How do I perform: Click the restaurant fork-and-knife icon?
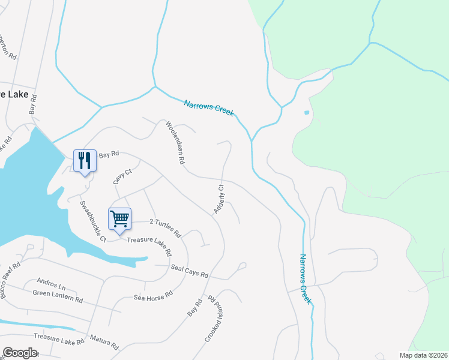point(85,160)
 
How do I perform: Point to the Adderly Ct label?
point(218,199)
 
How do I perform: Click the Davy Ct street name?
point(122,176)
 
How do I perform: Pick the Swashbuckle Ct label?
point(93,220)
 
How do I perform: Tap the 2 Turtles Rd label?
point(165,226)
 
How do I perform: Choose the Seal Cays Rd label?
point(189,271)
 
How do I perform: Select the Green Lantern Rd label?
point(58,296)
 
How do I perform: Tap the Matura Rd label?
point(104,342)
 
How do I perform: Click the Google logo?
point(20,353)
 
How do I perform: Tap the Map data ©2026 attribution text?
point(423,355)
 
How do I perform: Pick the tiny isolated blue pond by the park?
point(307,112)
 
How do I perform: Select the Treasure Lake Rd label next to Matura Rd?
point(59,339)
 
